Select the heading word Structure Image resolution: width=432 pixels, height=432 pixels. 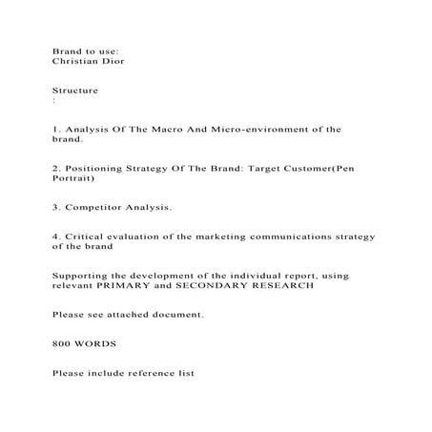75,89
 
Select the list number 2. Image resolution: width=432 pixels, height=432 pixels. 55,168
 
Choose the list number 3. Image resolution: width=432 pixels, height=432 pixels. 55,207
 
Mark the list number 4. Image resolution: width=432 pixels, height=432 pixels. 55,236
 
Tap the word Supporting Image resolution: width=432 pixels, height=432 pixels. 83,276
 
